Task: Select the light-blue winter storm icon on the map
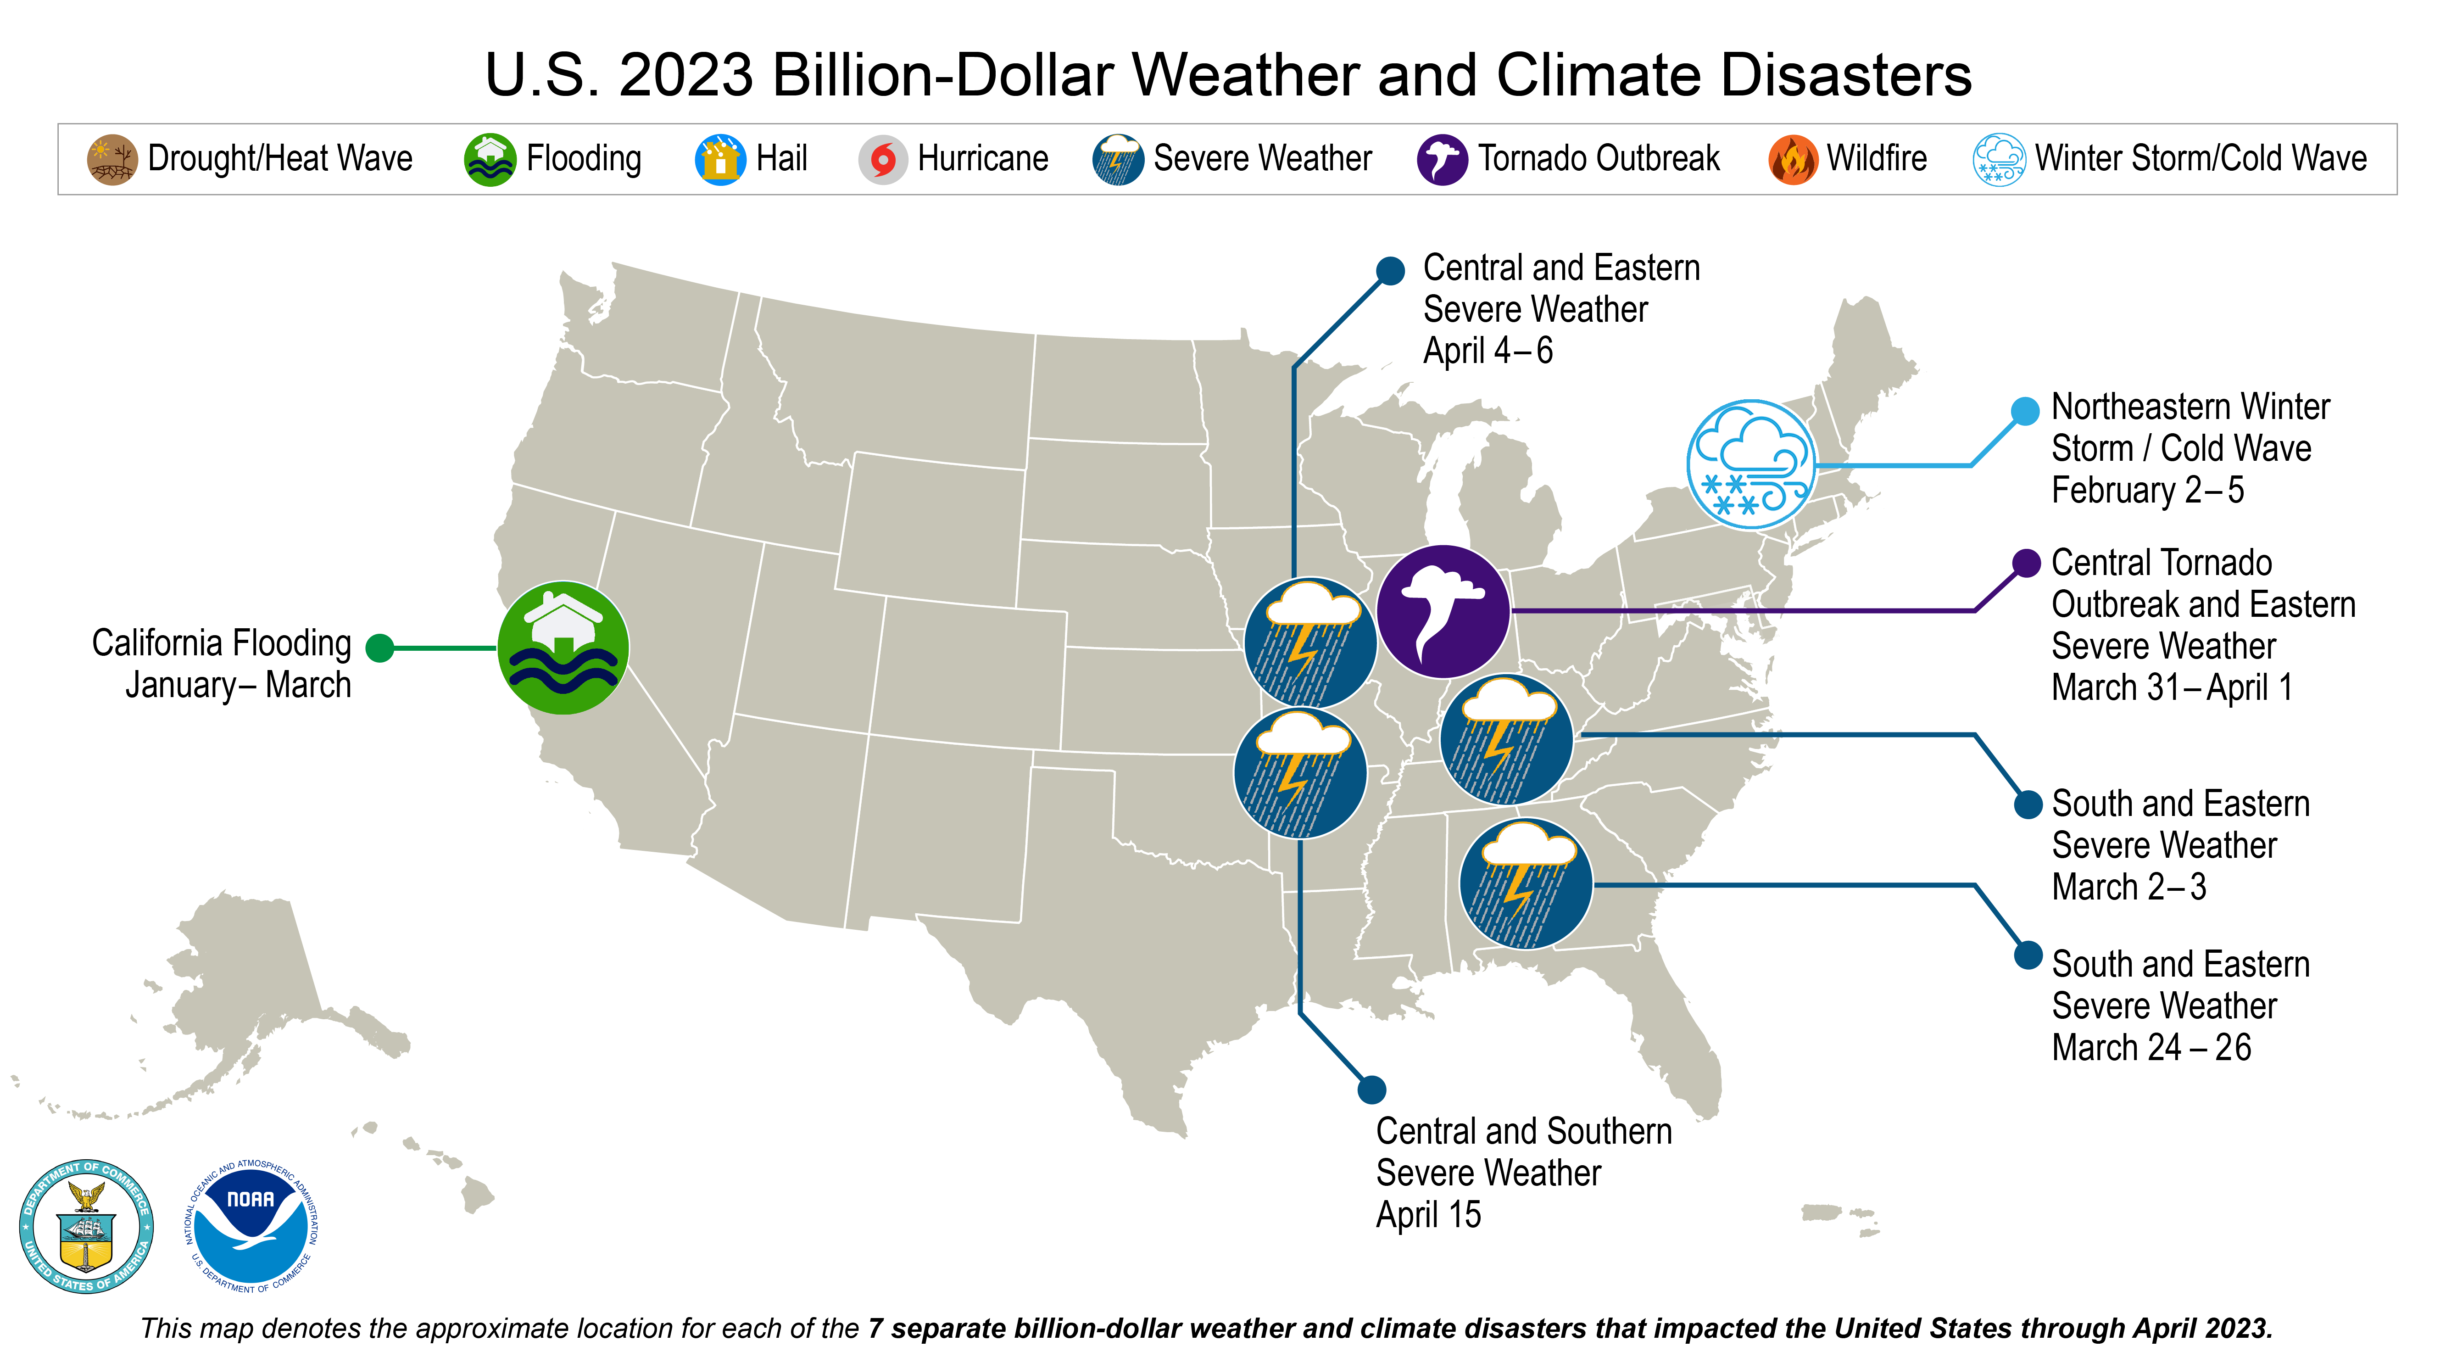1751,464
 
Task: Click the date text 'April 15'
1428,1214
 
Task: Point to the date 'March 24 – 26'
2151,1047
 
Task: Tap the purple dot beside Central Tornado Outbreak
2026,563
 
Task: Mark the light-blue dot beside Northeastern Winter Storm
2024,410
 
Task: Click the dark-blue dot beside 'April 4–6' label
1391,271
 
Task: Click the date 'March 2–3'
2129,887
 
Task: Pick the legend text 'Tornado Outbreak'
1599,158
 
